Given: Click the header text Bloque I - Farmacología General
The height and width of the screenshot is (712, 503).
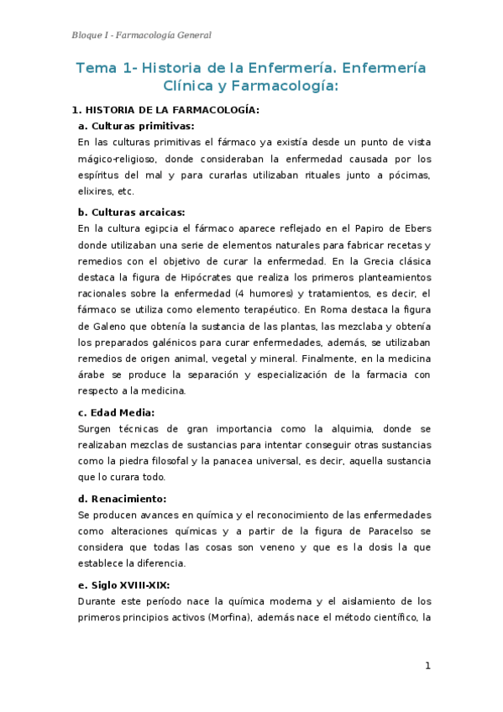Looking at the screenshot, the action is [x=140, y=34].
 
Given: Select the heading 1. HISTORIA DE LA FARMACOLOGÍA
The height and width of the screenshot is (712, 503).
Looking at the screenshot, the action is [x=165, y=110].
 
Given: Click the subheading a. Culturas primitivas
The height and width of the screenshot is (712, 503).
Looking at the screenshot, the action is [x=135, y=126].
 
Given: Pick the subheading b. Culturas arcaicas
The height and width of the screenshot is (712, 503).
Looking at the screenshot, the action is [x=131, y=212].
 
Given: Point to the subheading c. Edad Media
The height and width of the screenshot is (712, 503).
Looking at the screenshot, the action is [x=116, y=412].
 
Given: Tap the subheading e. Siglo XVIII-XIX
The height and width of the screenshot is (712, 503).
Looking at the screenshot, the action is [x=128, y=584].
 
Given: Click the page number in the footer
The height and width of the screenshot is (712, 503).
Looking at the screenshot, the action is [x=427, y=666].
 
